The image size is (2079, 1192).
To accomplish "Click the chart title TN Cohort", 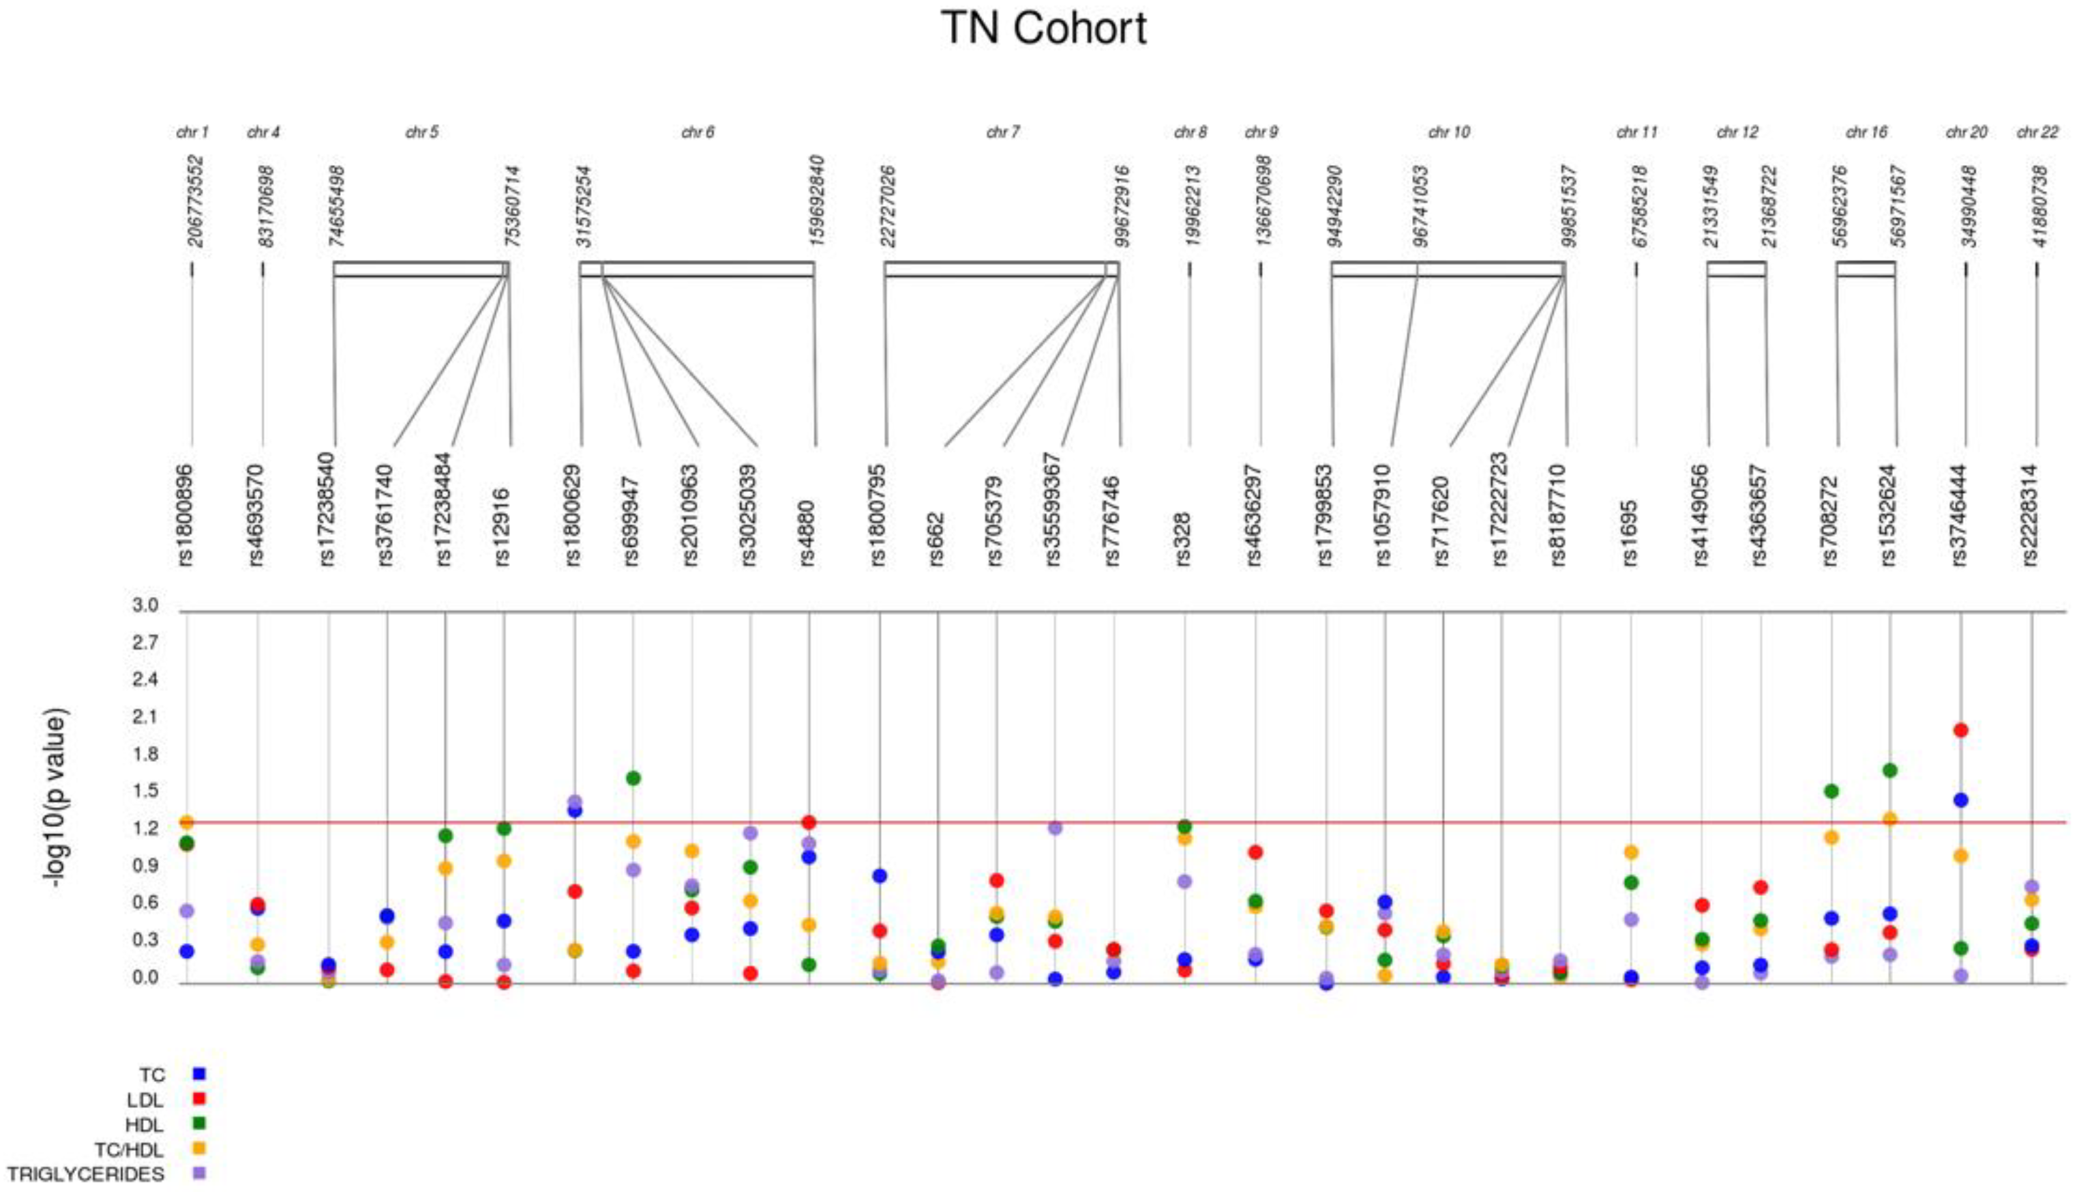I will (x=1043, y=29).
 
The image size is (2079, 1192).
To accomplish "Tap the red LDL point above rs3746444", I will (x=1960, y=730).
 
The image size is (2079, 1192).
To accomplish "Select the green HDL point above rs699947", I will (x=633, y=778).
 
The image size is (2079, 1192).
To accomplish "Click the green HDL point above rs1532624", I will (x=1890, y=770).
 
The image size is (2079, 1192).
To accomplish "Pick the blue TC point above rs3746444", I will (x=1960, y=800).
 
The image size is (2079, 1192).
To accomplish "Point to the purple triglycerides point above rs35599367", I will (x=1055, y=828).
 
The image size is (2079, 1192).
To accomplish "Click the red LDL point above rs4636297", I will (x=1255, y=852).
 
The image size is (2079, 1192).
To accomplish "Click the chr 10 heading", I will (x=1448, y=132).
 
